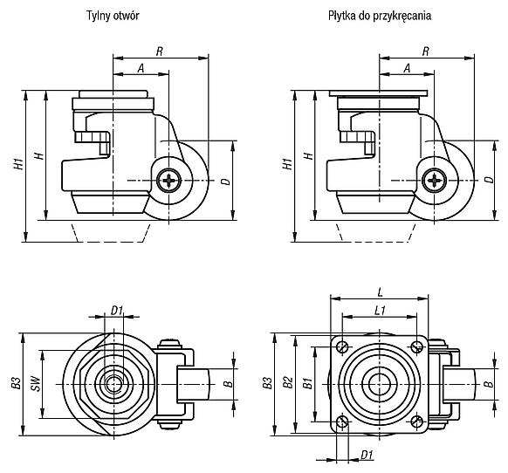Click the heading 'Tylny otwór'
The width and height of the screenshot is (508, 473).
113,16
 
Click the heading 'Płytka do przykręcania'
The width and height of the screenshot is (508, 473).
380,16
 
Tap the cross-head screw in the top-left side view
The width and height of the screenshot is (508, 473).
168,181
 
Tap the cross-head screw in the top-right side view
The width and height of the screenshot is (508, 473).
434,181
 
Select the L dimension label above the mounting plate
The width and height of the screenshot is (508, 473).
381,292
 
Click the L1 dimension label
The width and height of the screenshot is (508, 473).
380,311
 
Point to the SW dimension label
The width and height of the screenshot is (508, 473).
37,384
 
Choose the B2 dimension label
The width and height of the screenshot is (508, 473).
288,382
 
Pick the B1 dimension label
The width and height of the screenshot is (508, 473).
307,383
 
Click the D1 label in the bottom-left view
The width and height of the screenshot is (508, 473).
117,311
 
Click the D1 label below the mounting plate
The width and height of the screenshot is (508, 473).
367,456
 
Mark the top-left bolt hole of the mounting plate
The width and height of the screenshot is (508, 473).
342,347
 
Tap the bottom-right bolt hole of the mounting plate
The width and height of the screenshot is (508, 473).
417,422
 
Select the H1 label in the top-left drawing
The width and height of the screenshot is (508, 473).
19,164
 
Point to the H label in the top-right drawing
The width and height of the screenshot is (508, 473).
309,155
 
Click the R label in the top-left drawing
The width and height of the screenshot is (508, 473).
160,51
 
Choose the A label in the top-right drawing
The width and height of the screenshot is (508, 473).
407,68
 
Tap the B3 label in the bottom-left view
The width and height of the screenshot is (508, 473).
17,383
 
